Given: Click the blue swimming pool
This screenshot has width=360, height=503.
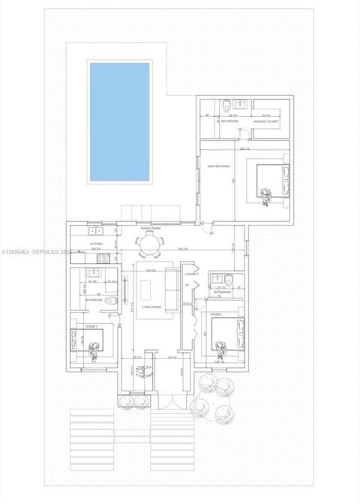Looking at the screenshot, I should click(120, 121).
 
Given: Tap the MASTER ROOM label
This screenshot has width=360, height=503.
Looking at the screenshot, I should click(219, 166).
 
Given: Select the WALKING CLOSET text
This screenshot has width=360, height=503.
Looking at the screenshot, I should click(265, 121).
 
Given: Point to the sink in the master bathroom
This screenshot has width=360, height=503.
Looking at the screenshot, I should click(242, 104).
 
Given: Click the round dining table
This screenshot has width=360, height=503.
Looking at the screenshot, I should click(148, 244).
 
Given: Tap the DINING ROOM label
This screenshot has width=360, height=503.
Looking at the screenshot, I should click(151, 228).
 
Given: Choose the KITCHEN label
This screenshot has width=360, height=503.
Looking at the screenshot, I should click(96, 244).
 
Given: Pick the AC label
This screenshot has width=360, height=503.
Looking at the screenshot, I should click(186, 285).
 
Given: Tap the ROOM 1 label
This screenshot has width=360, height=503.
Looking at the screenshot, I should click(91, 327).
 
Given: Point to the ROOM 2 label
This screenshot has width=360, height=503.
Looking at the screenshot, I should click(216, 314).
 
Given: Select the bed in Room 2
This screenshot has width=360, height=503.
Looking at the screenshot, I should click(229, 334).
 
